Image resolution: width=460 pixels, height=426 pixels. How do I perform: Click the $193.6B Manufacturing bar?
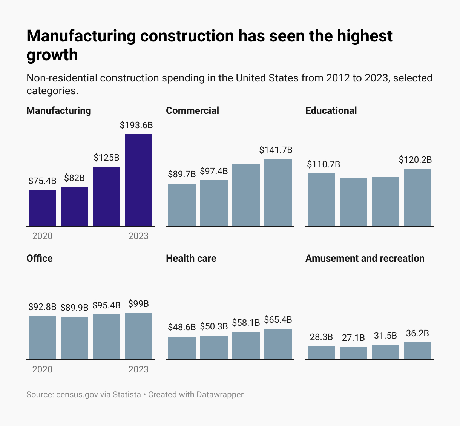click(x=138, y=180)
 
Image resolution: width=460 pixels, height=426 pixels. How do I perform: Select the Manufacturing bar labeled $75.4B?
click(x=42, y=208)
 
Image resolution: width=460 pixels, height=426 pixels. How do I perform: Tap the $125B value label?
click(x=106, y=158)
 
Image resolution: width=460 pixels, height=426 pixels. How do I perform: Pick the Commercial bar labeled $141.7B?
click(x=278, y=192)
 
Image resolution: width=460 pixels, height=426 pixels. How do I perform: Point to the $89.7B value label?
click(x=182, y=174)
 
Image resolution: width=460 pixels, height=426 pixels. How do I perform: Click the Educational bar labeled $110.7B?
click(x=321, y=200)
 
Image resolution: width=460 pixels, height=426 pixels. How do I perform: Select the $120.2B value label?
click(x=415, y=160)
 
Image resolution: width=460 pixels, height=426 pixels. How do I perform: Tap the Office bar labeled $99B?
click(x=138, y=336)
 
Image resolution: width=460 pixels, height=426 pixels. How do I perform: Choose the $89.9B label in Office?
click(x=74, y=308)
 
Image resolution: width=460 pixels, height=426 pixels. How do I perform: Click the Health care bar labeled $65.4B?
click(x=278, y=344)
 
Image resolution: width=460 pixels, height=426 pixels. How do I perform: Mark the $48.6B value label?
click(x=182, y=327)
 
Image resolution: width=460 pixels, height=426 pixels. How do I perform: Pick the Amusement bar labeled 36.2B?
click(x=417, y=351)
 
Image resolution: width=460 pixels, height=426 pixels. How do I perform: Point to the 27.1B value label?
click(x=353, y=338)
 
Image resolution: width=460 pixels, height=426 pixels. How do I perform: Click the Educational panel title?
click(x=331, y=110)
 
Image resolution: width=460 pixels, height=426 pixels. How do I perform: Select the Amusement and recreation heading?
click(x=365, y=258)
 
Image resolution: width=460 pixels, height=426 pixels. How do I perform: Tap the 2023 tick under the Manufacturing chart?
click(x=138, y=236)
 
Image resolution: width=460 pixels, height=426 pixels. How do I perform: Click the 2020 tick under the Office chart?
click(x=42, y=369)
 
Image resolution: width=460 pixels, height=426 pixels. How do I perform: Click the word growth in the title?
click(x=52, y=55)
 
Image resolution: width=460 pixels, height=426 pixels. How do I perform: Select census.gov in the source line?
click(x=77, y=395)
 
